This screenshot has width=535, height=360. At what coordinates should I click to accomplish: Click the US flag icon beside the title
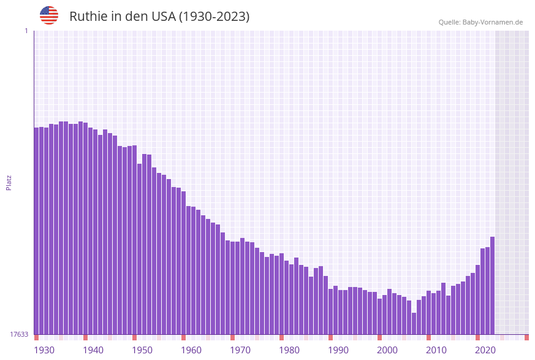(x=49, y=15)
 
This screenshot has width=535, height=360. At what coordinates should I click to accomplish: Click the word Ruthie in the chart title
(x=88, y=17)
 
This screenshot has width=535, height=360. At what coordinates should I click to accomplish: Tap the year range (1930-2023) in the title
(x=214, y=17)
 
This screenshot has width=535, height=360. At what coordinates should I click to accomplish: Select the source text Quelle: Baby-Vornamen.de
(x=480, y=22)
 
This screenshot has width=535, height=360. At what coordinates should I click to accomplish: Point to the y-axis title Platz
(x=9, y=182)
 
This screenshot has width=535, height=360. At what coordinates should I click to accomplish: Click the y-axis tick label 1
(x=26, y=31)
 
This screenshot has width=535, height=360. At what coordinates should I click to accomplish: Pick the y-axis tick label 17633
(x=19, y=334)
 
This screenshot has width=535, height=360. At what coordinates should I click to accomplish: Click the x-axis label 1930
(x=44, y=350)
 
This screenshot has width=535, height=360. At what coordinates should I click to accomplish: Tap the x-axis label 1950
(x=142, y=350)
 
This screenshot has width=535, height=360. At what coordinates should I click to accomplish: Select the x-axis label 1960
(x=191, y=350)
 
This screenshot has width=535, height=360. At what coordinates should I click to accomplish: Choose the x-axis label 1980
(x=289, y=350)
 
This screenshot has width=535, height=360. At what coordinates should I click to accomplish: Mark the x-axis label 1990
(x=338, y=350)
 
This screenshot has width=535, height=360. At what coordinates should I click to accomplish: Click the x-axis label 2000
(x=387, y=350)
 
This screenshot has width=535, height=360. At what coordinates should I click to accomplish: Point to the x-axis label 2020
(x=485, y=350)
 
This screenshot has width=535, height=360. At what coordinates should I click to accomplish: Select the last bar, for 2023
(x=492, y=285)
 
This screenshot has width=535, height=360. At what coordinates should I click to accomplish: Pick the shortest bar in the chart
(x=414, y=323)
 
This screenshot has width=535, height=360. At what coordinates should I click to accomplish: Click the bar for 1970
(x=233, y=288)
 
